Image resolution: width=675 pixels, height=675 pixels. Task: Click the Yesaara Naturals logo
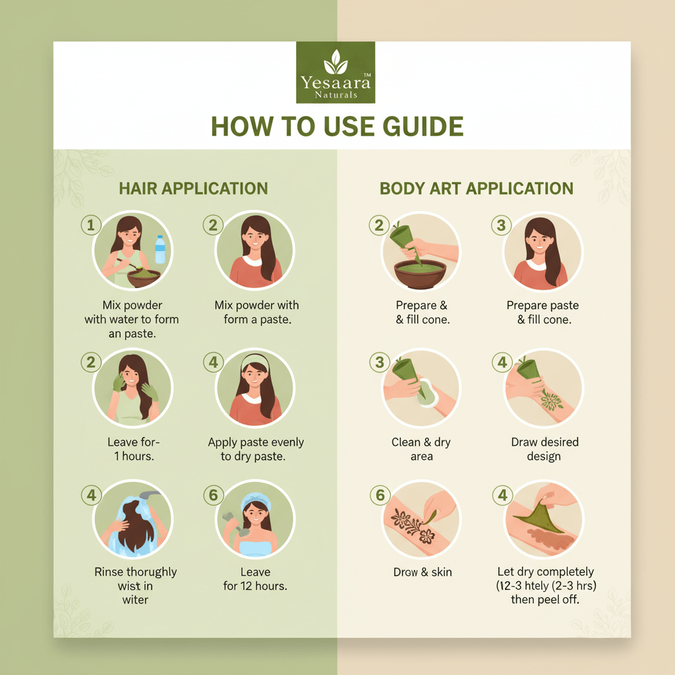336,73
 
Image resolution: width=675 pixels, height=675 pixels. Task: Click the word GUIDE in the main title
423,127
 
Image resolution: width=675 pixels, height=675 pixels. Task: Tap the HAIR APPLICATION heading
193,189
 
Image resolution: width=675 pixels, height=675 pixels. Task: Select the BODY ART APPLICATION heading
477,189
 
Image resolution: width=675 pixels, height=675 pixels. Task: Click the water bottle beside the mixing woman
160,249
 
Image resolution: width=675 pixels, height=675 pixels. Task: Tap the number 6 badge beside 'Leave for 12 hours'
214,495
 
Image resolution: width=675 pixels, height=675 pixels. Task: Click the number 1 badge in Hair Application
91,225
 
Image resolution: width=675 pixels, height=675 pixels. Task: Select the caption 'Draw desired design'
544,449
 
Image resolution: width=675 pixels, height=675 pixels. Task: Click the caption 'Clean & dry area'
421,449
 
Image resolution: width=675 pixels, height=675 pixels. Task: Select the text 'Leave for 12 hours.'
255,579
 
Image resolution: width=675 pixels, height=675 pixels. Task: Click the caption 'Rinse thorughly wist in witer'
136,585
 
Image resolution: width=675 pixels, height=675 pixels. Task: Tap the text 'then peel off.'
545,599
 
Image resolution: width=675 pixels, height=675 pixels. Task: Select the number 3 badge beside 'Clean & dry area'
380,362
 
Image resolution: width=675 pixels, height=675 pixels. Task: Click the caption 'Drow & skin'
423,572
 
